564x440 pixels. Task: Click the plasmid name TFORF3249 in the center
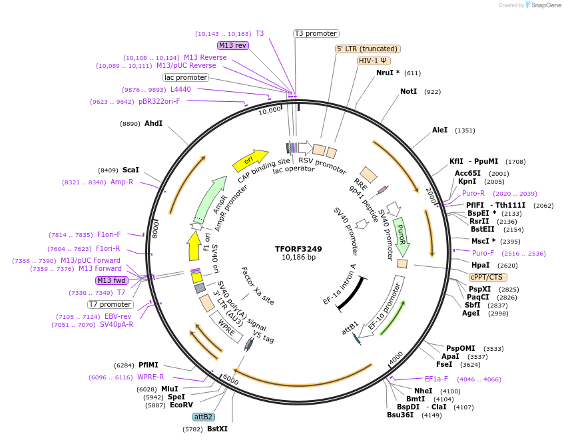point(298,249)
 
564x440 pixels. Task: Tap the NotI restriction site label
point(408,91)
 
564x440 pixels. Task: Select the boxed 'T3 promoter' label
point(316,33)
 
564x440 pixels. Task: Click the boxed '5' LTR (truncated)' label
point(368,49)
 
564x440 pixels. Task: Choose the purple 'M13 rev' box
point(233,45)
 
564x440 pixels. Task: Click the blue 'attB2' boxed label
point(204,417)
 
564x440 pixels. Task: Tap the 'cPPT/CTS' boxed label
point(487,277)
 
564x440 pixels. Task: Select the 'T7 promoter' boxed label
point(110,304)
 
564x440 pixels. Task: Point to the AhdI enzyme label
point(153,123)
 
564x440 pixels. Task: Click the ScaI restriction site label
point(131,170)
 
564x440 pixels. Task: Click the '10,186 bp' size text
point(298,258)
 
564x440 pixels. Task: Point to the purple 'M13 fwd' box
point(112,280)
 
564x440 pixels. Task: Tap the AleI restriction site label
point(440,130)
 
